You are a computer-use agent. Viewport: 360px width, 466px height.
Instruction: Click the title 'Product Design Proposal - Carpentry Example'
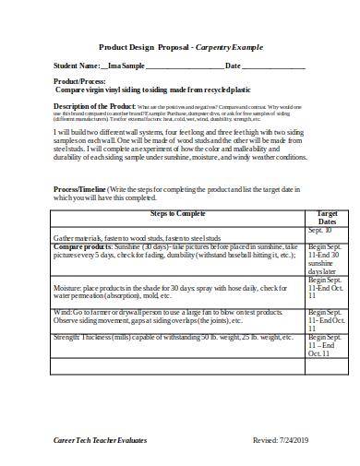pos(181,46)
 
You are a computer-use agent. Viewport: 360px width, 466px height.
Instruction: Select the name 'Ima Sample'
pos(126,66)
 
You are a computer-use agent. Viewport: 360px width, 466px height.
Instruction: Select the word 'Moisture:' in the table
pos(71,288)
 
